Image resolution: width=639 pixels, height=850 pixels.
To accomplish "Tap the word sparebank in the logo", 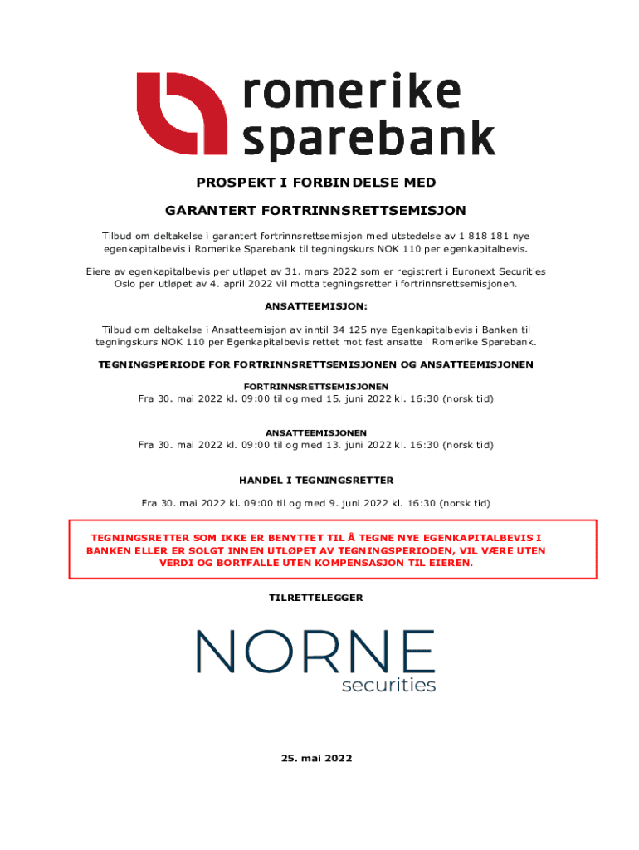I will tap(368, 139).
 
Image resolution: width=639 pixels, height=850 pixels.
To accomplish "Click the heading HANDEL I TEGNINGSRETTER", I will tap(316, 481).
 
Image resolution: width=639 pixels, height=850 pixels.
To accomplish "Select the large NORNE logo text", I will tap(316, 652).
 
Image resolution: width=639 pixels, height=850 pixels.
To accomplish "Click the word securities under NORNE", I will tap(388, 686).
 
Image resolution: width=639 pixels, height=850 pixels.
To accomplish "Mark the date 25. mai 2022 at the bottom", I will tap(316, 758).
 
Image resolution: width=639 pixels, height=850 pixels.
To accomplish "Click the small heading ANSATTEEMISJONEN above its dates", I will tap(316, 433).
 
